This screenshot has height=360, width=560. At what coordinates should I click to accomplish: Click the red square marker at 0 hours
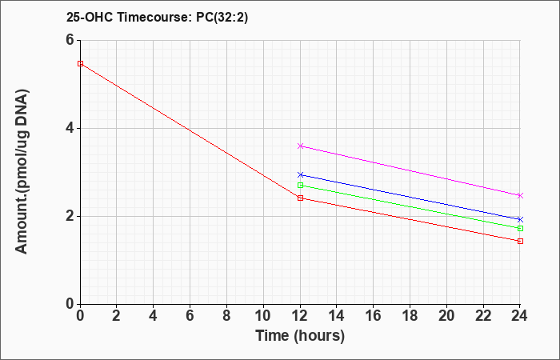click(x=80, y=63)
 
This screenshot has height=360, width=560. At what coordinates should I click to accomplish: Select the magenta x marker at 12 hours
click(x=300, y=146)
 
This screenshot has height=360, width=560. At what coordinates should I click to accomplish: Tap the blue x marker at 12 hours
click(x=300, y=174)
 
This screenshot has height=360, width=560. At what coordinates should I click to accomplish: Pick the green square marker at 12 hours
click(x=300, y=185)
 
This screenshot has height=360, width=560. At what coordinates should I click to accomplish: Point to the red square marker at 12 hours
click(x=300, y=198)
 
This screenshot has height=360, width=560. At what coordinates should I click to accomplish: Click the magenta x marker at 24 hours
click(x=520, y=195)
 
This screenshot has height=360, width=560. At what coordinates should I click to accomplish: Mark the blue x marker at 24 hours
click(x=520, y=219)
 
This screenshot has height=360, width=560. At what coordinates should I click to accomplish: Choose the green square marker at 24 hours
click(x=520, y=228)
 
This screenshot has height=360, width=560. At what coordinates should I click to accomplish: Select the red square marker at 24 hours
click(x=520, y=241)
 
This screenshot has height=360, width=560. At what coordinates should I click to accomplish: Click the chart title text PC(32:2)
click(x=222, y=18)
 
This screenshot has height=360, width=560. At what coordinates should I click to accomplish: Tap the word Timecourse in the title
click(x=155, y=18)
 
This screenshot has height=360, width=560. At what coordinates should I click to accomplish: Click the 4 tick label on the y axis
click(x=70, y=128)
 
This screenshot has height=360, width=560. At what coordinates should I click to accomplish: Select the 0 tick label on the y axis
click(x=70, y=304)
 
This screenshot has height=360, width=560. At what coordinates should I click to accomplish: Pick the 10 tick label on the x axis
click(x=263, y=316)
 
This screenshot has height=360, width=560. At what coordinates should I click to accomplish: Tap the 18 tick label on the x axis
click(x=410, y=316)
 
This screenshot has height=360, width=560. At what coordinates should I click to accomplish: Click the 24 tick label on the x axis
click(x=520, y=316)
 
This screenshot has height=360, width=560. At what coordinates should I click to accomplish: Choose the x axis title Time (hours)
click(x=300, y=336)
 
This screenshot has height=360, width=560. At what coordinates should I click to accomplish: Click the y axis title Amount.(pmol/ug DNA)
click(x=22, y=171)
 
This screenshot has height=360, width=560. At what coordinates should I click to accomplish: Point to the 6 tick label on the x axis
click(x=190, y=316)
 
